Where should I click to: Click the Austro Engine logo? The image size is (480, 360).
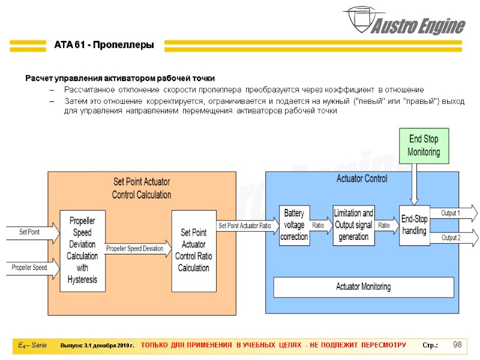(x=405, y=22)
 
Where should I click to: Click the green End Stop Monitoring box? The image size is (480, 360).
(x=424, y=146)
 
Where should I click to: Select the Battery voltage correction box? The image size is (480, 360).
(x=294, y=225)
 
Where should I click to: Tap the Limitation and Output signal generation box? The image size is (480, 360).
(x=353, y=225)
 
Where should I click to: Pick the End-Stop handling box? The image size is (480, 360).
(x=414, y=225)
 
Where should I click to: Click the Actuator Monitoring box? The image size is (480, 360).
(x=363, y=287)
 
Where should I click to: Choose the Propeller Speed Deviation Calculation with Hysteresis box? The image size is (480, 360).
(x=82, y=251)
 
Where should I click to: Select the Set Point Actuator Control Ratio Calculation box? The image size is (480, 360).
(x=193, y=250)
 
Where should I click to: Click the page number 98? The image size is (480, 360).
(x=457, y=345)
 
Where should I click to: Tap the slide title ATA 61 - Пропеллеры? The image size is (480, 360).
(x=104, y=45)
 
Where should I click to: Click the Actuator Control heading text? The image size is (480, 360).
(x=362, y=178)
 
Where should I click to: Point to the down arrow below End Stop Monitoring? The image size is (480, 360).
(x=414, y=184)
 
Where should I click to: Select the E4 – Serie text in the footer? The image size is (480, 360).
(x=32, y=346)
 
